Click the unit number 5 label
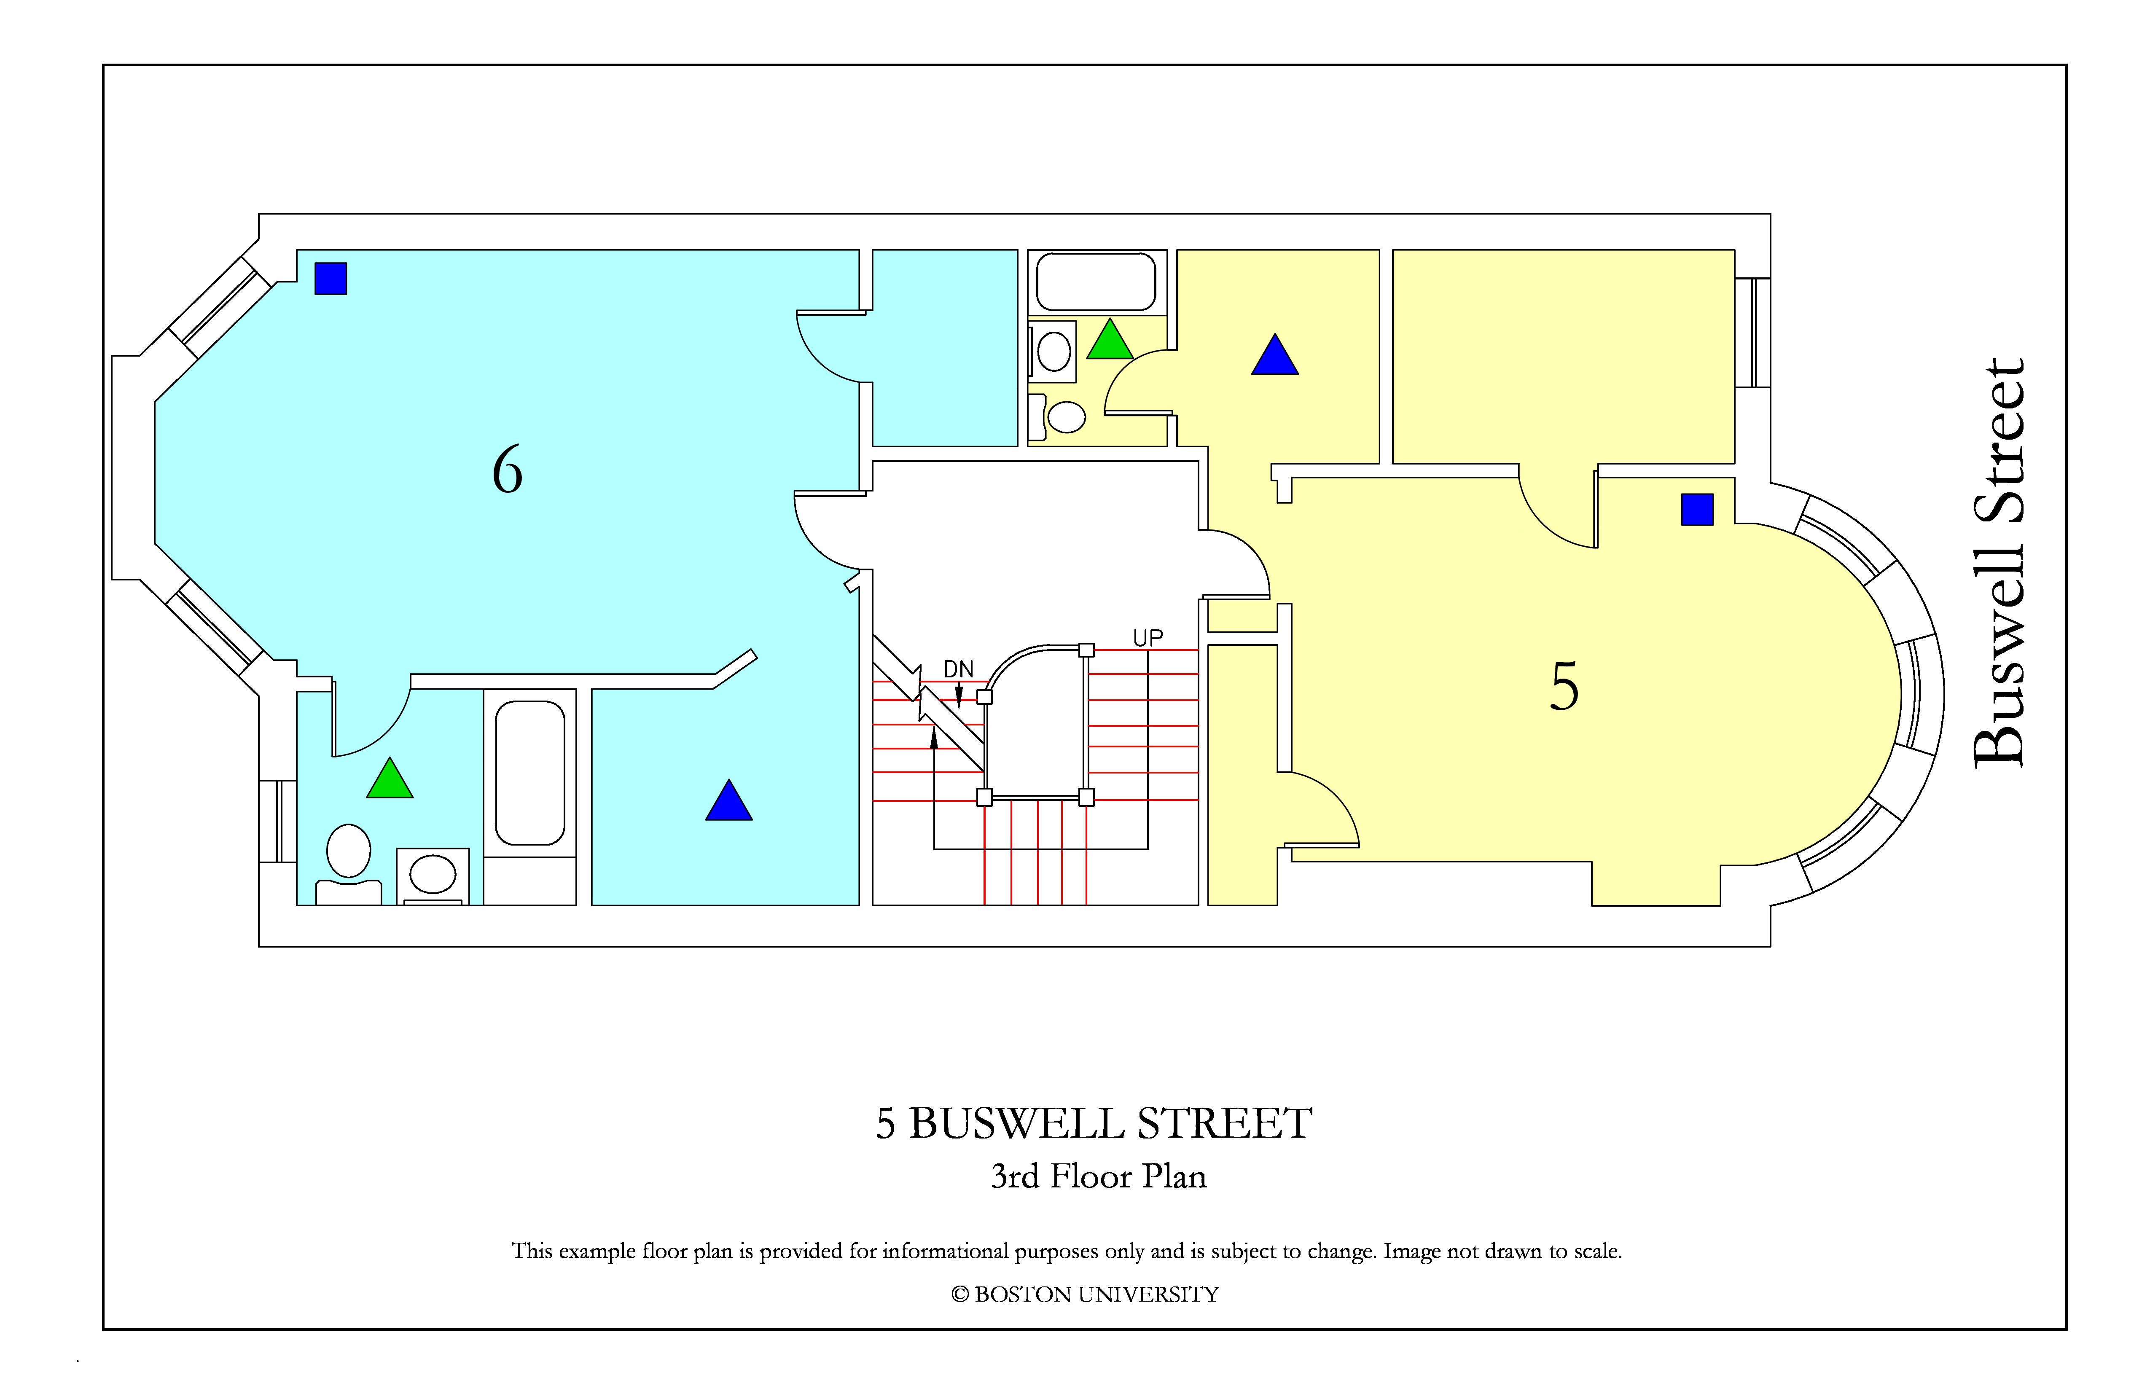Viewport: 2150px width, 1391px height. click(1564, 687)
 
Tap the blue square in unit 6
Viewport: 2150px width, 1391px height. click(331, 278)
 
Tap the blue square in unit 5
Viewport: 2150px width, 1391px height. click(1696, 510)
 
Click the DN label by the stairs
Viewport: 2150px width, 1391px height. click(959, 669)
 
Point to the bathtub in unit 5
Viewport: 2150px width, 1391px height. click(1096, 282)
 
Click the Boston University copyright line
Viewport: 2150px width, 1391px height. click(1085, 1294)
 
